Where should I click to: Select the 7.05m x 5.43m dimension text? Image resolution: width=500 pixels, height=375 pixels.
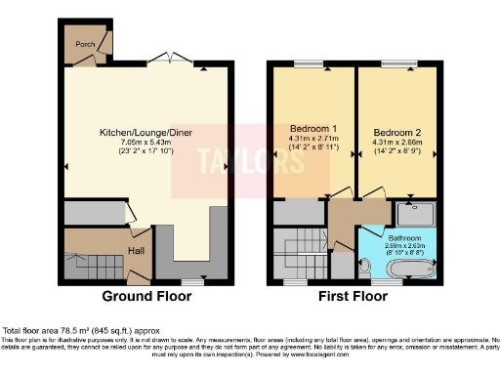pyautogui.click(x=146, y=143)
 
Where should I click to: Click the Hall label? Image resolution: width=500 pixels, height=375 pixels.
pyautogui.click(x=136, y=250)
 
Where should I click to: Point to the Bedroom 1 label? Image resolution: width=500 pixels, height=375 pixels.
pyautogui.click(x=312, y=129)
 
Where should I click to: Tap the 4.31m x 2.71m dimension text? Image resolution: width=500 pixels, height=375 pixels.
pyautogui.click(x=312, y=140)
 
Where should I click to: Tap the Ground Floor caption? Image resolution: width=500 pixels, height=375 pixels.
pyautogui.click(x=146, y=296)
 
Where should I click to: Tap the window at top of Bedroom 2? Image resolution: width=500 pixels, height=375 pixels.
pyautogui.click(x=396, y=64)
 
